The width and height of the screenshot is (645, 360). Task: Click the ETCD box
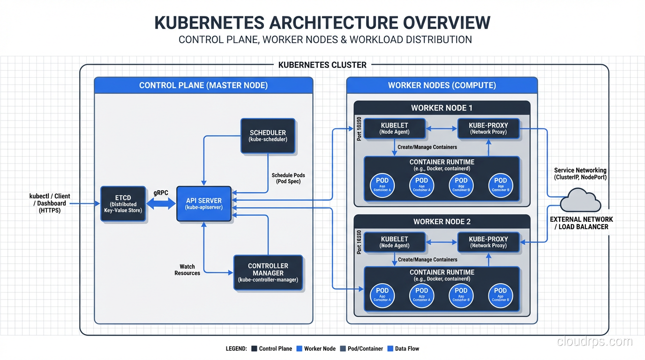tap(123, 204)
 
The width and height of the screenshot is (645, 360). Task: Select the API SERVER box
tap(204, 204)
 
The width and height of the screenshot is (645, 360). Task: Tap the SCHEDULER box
tap(268, 136)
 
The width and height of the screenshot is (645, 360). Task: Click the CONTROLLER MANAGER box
tap(268, 273)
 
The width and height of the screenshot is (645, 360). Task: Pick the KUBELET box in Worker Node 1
tap(394, 128)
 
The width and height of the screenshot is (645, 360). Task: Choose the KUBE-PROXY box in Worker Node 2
tap(488, 242)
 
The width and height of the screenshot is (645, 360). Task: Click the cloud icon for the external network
tap(581, 200)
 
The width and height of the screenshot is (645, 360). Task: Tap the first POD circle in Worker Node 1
tap(382, 186)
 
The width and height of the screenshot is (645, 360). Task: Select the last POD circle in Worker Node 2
tap(500, 296)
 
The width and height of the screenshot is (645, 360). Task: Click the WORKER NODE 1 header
tap(442, 108)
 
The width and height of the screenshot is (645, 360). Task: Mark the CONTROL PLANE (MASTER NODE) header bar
tap(203, 85)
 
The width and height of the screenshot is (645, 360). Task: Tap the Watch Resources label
tap(187, 270)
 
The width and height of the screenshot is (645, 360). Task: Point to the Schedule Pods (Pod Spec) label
tap(288, 178)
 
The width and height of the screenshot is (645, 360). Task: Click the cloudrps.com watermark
tap(594, 342)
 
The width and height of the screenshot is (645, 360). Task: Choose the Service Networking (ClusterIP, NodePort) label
tap(580, 174)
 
